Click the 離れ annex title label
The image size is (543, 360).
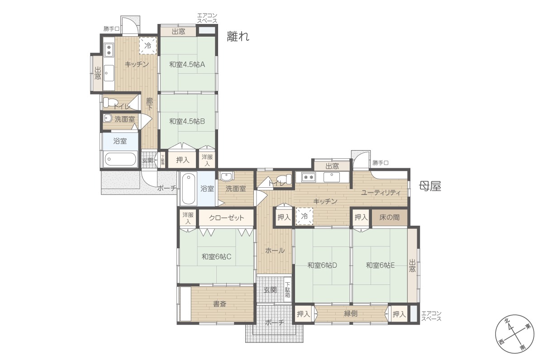pyautogui.click(x=238, y=37)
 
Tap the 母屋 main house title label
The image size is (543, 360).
pyautogui.click(x=430, y=186)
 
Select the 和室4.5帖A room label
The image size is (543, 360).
pyautogui.click(x=187, y=65)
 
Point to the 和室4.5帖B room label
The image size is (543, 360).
pyautogui.click(x=187, y=121)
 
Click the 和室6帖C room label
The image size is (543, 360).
pyautogui.click(x=216, y=256)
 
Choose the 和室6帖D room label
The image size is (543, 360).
pyautogui.click(x=322, y=265)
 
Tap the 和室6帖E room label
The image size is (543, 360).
pyautogui.click(x=380, y=265)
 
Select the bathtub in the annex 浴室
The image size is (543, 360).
pyautogui.click(x=120, y=159)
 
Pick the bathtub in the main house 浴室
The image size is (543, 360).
pyautogui.click(x=189, y=188)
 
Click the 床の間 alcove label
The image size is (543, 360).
pyautogui.click(x=389, y=217)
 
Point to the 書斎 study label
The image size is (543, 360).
pyautogui.click(x=219, y=304)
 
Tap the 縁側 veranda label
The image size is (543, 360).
pyautogui.click(x=351, y=313)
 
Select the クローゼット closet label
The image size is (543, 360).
pyautogui.click(x=226, y=218)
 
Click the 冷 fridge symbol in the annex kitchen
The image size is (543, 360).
pyautogui.click(x=148, y=46)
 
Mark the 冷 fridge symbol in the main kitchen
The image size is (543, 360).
pyautogui.click(x=304, y=216)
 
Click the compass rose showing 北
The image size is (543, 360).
pyautogui.click(x=514, y=333)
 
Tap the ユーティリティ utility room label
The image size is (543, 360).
pyautogui.click(x=381, y=193)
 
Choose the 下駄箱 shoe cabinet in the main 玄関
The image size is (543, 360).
pyautogui.click(x=287, y=289)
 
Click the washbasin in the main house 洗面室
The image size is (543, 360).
pyautogui.click(x=226, y=176)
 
